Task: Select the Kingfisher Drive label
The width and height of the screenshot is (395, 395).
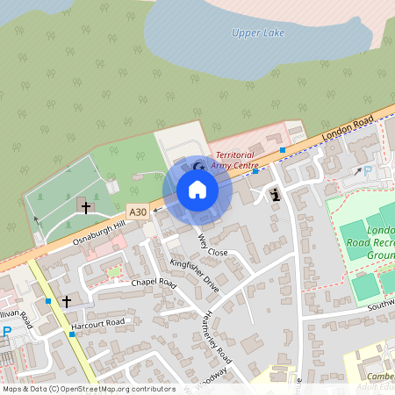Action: click(195, 275)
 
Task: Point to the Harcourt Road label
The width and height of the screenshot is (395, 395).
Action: click(98, 322)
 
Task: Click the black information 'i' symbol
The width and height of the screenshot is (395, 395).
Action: click(276, 194)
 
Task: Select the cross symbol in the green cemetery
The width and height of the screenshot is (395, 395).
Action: click(85, 207)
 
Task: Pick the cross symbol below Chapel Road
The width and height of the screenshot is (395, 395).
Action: click(67, 300)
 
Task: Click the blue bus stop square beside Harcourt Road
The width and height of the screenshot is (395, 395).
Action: click(71, 334)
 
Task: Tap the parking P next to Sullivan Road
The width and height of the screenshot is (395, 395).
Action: click(7, 332)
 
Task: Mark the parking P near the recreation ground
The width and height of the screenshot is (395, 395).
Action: click(368, 171)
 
